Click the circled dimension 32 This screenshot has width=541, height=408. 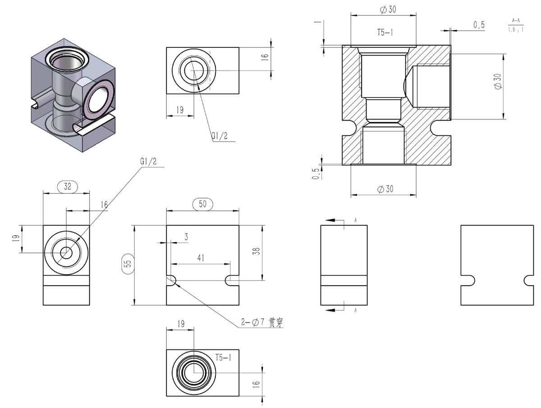[68, 186]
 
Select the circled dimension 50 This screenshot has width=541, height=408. [202, 204]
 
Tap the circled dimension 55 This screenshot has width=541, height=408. [128, 264]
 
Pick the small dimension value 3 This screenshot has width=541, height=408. [186, 236]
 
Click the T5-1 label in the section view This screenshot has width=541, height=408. [385, 32]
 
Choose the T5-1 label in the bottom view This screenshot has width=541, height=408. [223, 358]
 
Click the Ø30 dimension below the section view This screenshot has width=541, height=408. [385, 189]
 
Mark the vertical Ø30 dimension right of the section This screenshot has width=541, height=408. [498, 81]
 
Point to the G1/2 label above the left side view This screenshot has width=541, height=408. [148, 161]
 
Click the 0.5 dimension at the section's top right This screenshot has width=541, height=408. [479, 25]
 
